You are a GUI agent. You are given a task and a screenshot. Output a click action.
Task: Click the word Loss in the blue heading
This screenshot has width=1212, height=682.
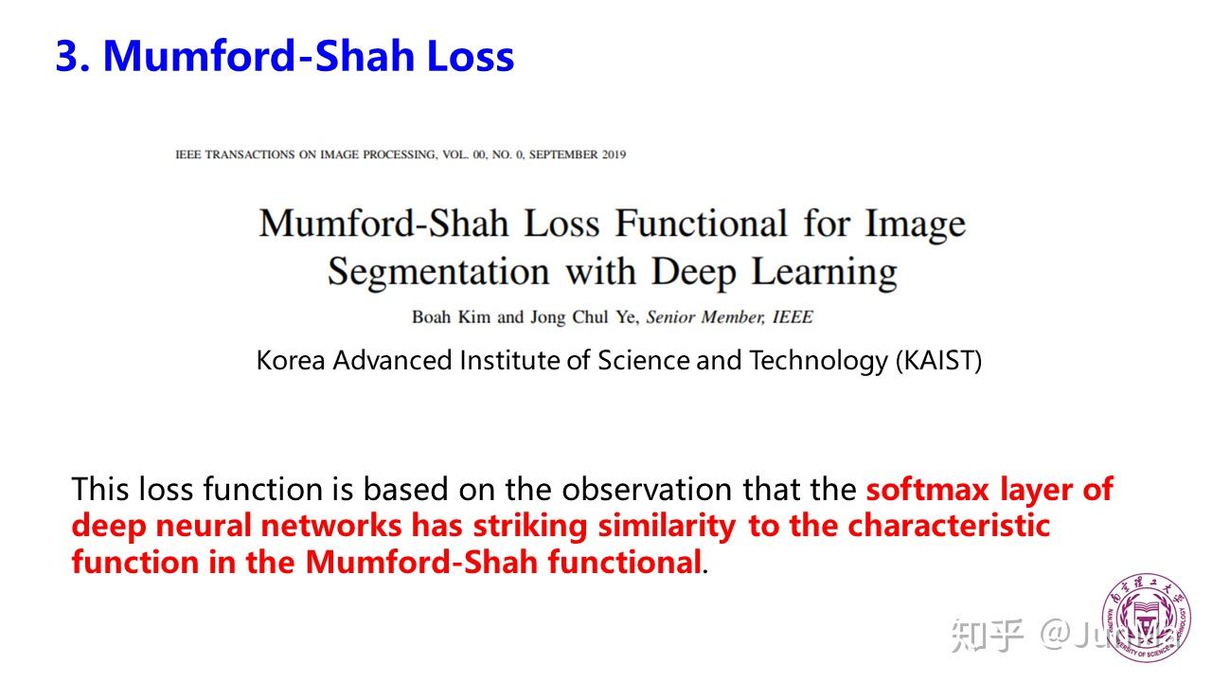point(471,56)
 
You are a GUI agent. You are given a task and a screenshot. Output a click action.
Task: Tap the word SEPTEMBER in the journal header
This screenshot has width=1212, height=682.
point(563,154)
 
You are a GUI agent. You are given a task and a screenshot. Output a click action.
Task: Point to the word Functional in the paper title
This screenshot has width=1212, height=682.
point(702,223)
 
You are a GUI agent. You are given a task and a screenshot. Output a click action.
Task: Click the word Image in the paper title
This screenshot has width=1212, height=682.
point(916,224)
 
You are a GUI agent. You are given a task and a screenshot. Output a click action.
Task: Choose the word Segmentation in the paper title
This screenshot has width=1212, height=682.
point(438,272)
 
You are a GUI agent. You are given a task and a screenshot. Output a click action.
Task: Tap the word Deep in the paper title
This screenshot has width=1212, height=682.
point(693,272)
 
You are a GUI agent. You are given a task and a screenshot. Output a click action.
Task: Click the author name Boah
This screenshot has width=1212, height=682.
point(431,316)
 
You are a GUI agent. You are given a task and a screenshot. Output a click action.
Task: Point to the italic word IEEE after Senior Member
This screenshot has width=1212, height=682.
point(793,316)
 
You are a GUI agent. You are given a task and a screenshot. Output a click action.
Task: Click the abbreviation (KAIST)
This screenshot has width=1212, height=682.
point(938,361)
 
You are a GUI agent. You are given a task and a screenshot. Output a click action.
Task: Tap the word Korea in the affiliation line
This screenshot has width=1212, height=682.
point(291,361)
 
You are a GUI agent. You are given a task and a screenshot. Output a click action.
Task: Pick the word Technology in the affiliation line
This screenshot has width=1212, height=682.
point(819,362)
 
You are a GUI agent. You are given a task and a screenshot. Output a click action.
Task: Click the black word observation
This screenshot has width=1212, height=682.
point(647,490)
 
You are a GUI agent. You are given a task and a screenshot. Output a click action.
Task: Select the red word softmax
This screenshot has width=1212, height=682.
point(927,490)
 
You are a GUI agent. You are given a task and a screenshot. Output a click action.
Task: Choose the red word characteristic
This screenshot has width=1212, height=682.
point(949,526)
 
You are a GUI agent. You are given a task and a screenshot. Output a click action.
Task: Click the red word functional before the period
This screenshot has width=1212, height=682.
point(625,562)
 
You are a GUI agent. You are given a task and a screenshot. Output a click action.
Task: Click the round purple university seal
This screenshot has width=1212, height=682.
point(1146,618)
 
